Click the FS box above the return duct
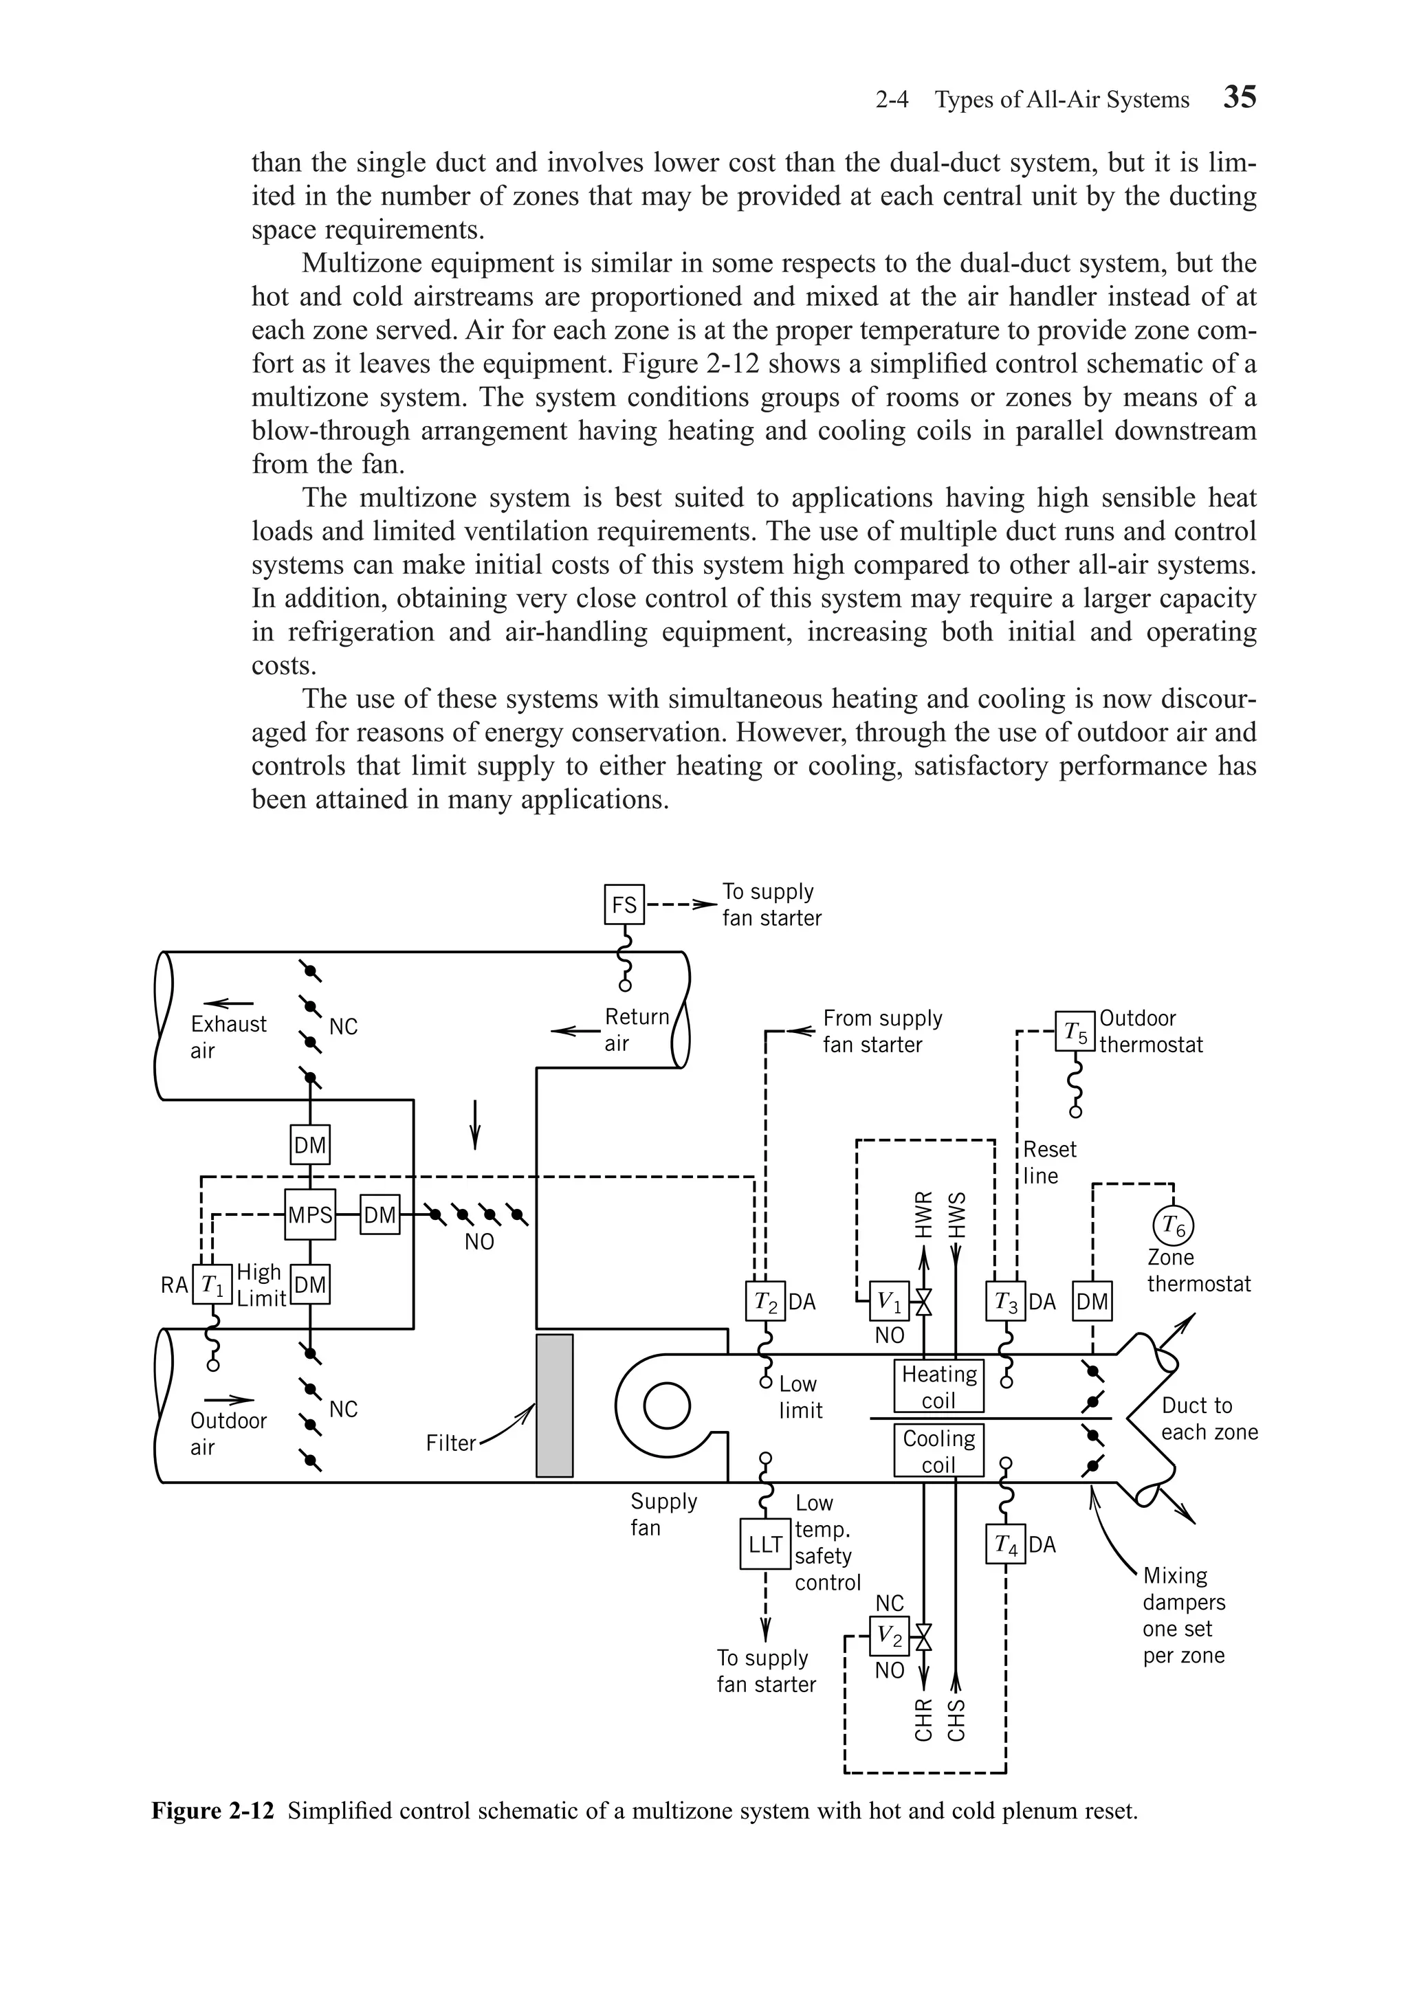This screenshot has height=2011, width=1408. click(624, 904)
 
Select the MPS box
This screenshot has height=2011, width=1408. click(310, 1216)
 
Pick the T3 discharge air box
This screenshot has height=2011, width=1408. click(1005, 1302)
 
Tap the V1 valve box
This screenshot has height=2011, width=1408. click(890, 1302)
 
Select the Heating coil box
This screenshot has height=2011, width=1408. click(938, 1386)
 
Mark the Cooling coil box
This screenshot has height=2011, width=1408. click(938, 1450)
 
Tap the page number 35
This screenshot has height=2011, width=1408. click(1239, 97)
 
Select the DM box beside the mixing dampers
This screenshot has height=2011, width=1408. click(1092, 1302)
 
